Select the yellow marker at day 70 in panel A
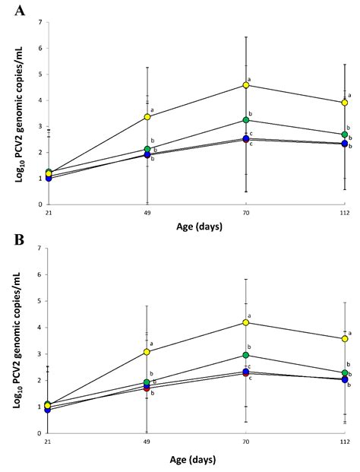tap(246, 85)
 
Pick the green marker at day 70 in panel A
tap(246, 120)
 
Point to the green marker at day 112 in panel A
tap(345, 135)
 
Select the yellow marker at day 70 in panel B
tap(246, 323)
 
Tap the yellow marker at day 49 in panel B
tap(147, 352)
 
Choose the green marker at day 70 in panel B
tap(246, 355)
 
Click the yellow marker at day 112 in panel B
tap(345, 339)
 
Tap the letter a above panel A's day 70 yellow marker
tap(250, 78)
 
